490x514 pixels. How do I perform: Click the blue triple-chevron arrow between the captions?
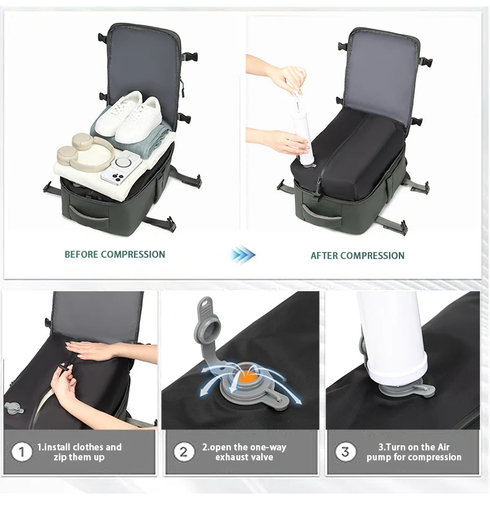pos(243,255)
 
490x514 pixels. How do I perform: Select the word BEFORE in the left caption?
pos(81,255)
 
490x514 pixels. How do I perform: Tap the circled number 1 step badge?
pos(21,452)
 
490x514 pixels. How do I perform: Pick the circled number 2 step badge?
pos(184,452)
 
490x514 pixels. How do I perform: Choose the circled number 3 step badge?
pos(345,451)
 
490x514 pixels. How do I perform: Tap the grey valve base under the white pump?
pos(408,390)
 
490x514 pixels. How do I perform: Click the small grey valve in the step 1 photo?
pos(14,407)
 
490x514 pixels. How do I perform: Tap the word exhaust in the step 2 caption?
pos(230,457)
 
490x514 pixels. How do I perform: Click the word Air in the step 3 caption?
pos(443,447)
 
